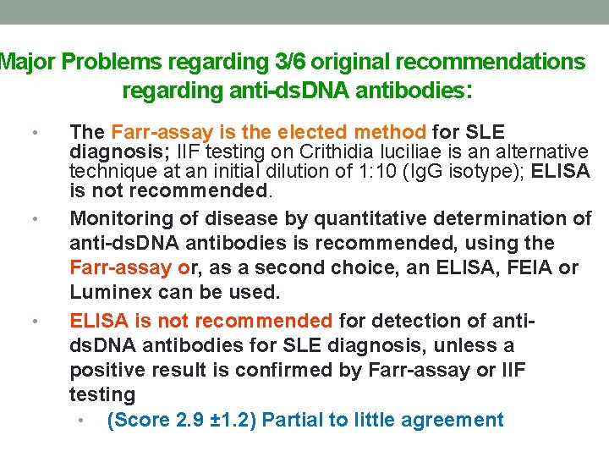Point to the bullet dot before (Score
point(79,421)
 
